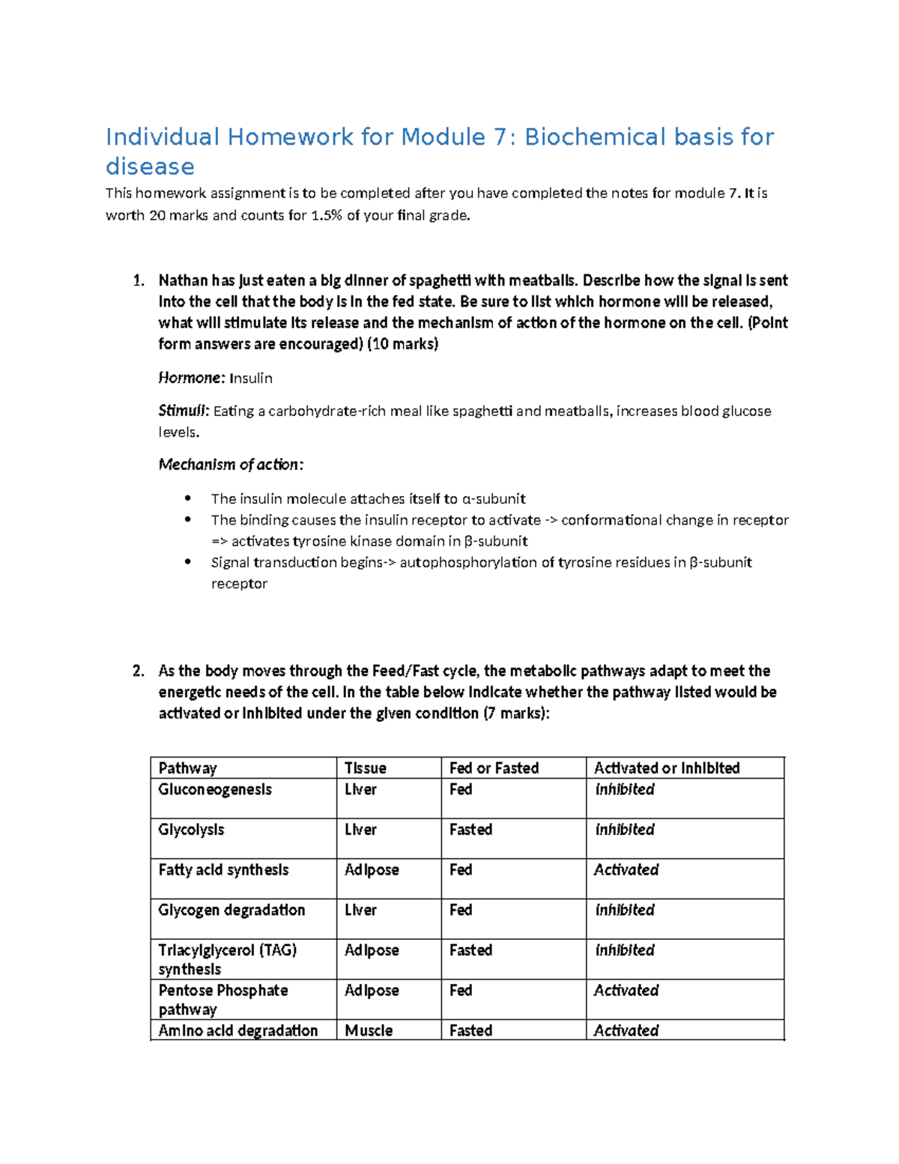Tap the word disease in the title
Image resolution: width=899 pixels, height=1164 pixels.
pyautogui.click(x=150, y=166)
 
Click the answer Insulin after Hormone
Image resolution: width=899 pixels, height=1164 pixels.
pyautogui.click(x=250, y=379)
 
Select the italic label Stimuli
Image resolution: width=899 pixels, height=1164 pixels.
pyautogui.click(x=183, y=411)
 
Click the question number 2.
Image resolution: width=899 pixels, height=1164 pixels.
pyautogui.click(x=138, y=671)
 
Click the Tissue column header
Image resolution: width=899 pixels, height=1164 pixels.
pyautogui.click(x=365, y=768)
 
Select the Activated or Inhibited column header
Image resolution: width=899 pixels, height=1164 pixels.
pyautogui.click(x=667, y=768)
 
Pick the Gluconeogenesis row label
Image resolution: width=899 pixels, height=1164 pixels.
pyautogui.click(x=215, y=789)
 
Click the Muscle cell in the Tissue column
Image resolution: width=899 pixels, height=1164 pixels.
pyautogui.click(x=369, y=1031)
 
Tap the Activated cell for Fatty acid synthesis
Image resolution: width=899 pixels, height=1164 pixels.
pyautogui.click(x=626, y=870)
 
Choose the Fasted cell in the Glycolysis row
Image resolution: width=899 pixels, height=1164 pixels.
pyautogui.click(x=470, y=830)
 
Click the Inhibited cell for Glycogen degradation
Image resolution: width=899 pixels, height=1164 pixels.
pyautogui.click(x=625, y=910)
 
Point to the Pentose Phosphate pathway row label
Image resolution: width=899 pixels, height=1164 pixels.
pyautogui.click(x=223, y=999)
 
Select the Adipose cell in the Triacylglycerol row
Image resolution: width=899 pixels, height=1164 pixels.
pyautogui.click(x=372, y=950)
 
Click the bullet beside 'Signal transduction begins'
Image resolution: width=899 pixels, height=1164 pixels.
pyautogui.click(x=188, y=562)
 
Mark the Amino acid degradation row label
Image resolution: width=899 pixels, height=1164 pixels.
pyautogui.click(x=237, y=1031)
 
